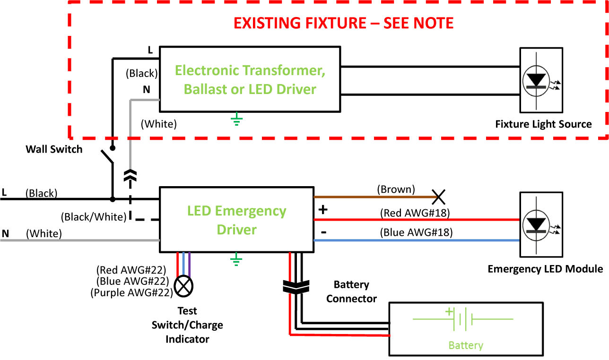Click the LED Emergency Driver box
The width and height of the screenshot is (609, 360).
pyautogui.click(x=236, y=220)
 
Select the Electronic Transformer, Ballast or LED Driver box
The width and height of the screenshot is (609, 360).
pyautogui.click(x=250, y=79)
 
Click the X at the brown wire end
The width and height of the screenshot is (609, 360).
pyautogui.click(x=438, y=196)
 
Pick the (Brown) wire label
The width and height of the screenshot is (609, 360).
pyautogui.click(x=395, y=189)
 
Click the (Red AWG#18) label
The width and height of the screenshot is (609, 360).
pyautogui.click(x=415, y=213)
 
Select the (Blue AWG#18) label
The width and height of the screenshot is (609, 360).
pyautogui.click(x=416, y=232)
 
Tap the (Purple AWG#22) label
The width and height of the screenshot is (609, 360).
pyautogui.click(x=130, y=293)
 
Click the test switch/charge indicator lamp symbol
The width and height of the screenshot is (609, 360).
pyautogui.click(x=184, y=285)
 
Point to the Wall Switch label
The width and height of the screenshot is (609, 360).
pyautogui.click(x=54, y=149)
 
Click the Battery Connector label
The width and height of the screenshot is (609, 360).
pyautogui.click(x=351, y=291)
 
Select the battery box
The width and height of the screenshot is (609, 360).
pyautogui.click(x=465, y=326)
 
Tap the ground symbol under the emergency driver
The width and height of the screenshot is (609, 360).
pyautogui.click(x=236, y=258)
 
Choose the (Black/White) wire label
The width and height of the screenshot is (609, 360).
pyautogui.click(x=94, y=217)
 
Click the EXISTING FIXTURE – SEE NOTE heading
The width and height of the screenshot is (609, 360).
pyautogui.click(x=344, y=23)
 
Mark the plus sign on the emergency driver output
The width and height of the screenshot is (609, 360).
pyautogui.click(x=324, y=209)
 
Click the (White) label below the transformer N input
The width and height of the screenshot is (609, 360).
pyautogui.click(x=159, y=124)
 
